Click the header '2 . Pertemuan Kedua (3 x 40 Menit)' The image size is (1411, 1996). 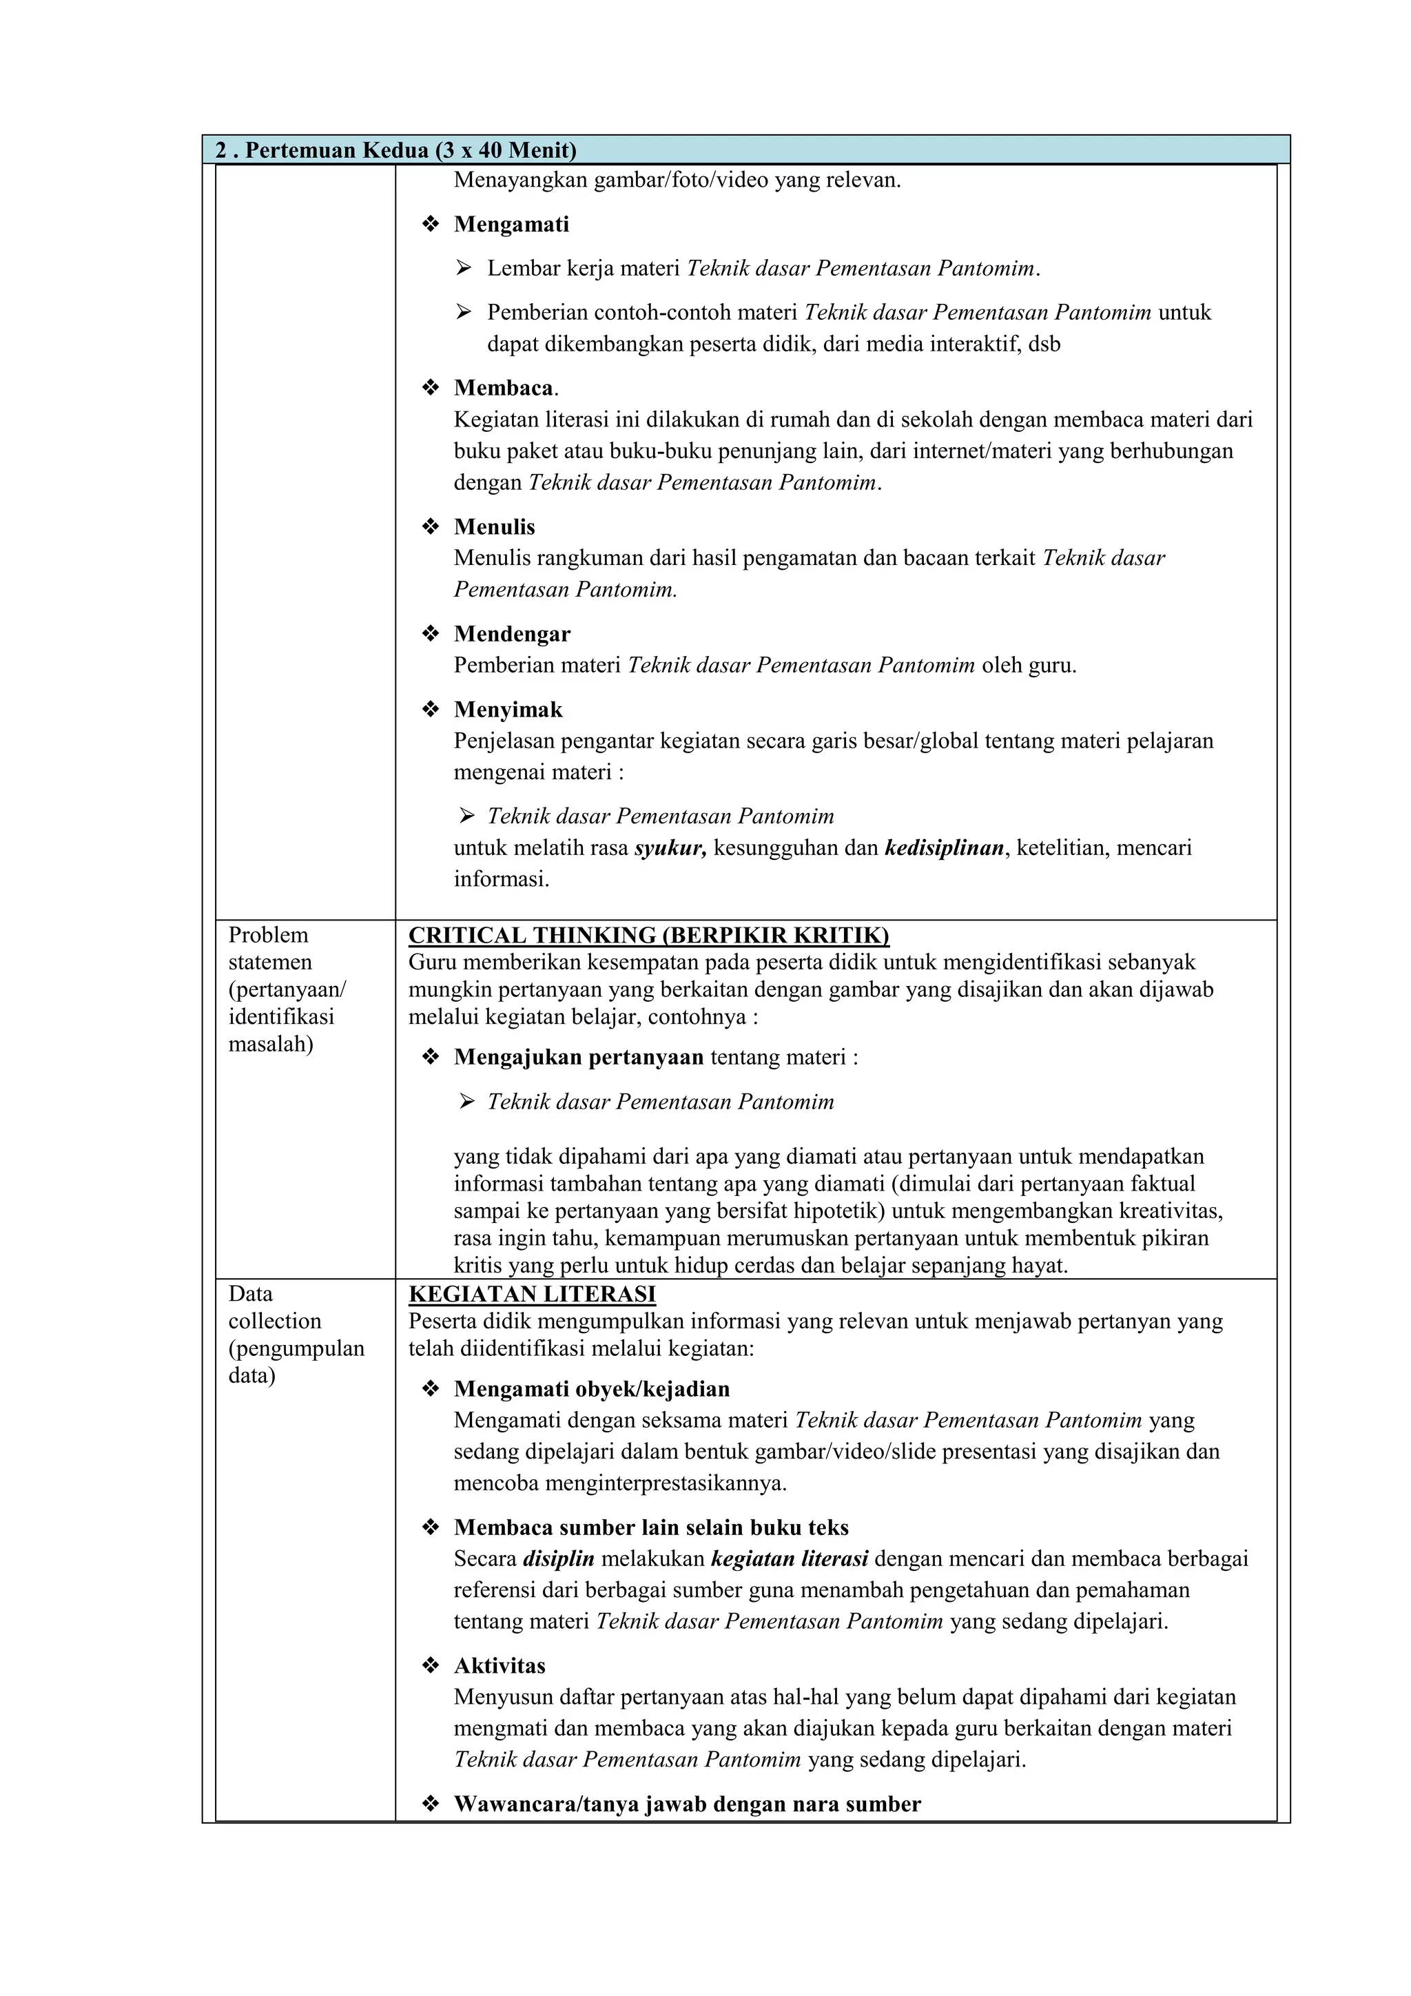395,150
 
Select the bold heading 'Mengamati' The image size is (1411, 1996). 511,225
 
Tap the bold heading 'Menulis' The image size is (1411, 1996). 494,527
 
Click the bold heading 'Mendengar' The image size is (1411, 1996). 512,634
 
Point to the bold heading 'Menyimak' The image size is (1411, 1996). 508,710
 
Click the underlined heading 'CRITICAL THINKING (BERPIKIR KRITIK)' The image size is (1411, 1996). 648,936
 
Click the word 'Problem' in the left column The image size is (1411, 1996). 268,936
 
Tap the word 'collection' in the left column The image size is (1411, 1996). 275,1321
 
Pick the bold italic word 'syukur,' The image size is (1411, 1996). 670,847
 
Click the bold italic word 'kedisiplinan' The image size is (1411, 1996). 944,847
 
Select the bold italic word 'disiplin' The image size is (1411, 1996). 558,1558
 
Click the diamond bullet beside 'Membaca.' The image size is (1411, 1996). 431,388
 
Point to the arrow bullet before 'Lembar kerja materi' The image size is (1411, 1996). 464,268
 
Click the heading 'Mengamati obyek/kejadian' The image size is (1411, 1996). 591,1389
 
